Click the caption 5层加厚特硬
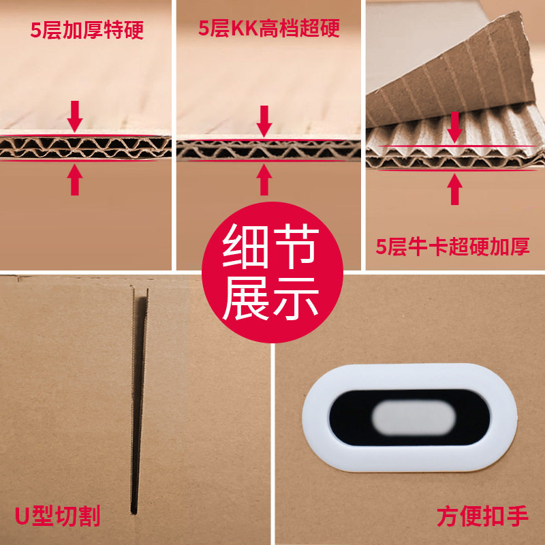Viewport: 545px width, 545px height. pos(87,30)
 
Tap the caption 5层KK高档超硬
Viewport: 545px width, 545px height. pos(269,29)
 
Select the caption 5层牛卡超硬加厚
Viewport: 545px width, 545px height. pos(453,246)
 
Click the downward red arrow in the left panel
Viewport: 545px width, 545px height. pos(75,116)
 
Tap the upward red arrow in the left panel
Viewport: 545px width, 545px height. pos(75,179)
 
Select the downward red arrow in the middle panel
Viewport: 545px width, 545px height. pos(265,121)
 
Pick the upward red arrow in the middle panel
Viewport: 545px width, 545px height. pos(265,179)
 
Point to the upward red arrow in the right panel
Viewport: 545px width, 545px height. pos(454,189)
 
